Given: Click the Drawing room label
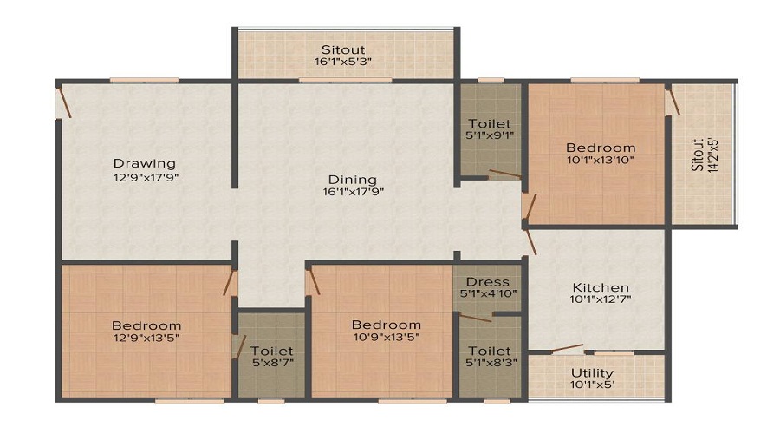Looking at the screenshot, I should point(144,163).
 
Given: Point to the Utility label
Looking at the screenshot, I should point(592,373).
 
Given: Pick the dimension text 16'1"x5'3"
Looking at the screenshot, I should point(344,62).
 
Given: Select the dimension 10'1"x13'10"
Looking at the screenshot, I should point(601,161).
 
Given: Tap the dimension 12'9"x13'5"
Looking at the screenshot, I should point(146,339).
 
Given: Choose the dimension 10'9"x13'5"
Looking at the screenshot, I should point(386,339).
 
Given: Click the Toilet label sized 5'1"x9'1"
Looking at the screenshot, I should point(490,124).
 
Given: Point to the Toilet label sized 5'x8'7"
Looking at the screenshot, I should point(271,352).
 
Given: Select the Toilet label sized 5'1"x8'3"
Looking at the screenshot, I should point(490,352).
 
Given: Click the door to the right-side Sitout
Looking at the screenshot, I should point(673,100).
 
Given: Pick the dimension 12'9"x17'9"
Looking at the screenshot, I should point(144,177).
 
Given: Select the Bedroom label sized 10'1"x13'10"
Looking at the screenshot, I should point(601,148).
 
